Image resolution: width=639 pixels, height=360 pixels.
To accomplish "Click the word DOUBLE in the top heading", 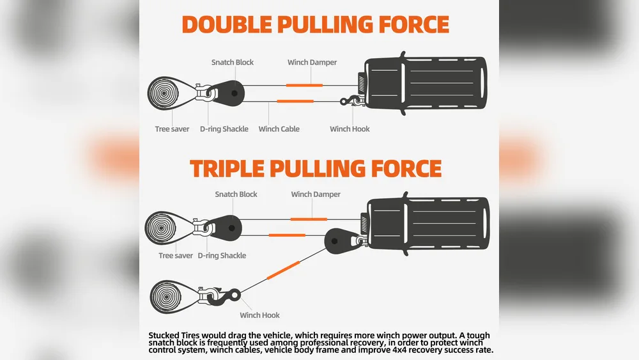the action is tap(227, 24).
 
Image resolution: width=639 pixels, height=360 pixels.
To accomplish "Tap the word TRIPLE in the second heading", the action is tap(227, 169).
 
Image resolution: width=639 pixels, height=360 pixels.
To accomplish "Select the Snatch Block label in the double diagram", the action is tap(233, 63).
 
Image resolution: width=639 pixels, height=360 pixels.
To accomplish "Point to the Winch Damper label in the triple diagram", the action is tap(316, 194).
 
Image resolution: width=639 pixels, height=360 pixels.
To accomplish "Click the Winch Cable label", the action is tap(279, 129).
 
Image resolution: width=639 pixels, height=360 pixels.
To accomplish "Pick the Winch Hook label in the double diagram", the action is tap(350, 129).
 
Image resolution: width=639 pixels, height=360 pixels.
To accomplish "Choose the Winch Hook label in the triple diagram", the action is tap(259, 315).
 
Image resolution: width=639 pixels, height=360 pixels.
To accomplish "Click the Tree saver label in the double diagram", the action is tap(172, 129).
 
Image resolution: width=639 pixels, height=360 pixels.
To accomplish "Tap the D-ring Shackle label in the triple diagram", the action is tap(222, 256).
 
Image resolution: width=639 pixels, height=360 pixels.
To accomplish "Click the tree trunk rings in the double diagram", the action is tap(164, 93).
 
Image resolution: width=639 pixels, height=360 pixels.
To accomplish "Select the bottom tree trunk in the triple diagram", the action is tap(166, 297).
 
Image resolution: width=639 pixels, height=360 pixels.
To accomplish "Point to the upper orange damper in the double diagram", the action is tap(304, 85).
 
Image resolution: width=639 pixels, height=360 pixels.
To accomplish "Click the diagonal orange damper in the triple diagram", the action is tap(283, 270).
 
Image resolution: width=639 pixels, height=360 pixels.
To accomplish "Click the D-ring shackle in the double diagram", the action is tap(205, 93).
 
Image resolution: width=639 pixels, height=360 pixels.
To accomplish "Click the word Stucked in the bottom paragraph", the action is tap(164, 336).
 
